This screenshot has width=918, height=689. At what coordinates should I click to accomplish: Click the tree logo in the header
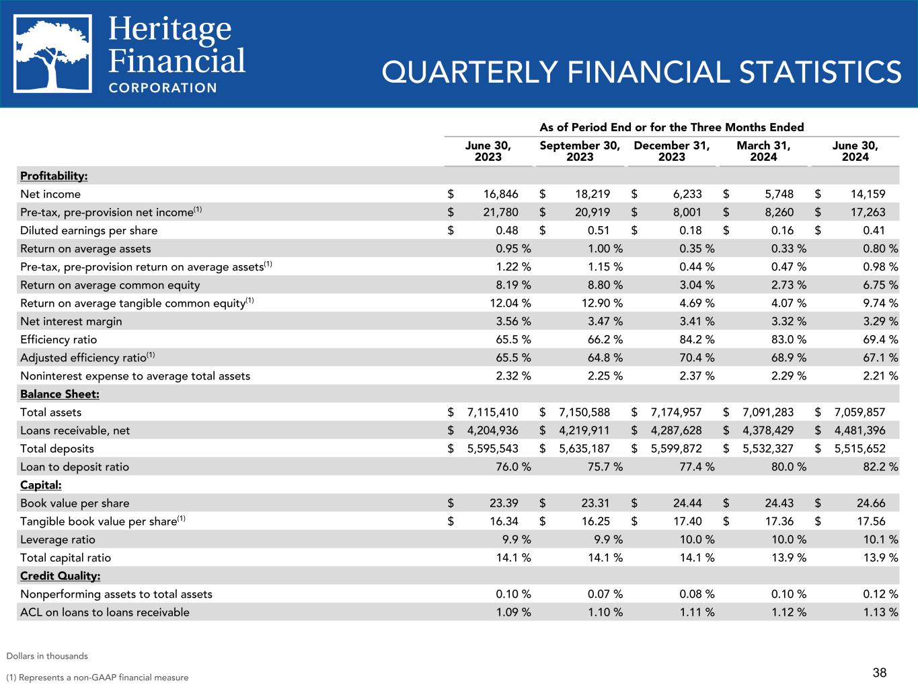(x=53, y=53)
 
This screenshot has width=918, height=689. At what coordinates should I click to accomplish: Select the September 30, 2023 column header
(x=580, y=151)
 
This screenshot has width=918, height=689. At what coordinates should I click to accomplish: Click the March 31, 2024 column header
(x=763, y=151)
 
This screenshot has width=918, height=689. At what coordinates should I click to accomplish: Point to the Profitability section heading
(x=54, y=176)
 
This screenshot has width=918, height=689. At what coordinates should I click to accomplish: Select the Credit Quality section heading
(x=60, y=575)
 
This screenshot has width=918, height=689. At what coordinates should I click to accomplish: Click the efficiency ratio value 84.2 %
(x=697, y=339)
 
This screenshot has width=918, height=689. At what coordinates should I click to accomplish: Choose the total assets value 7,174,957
(x=674, y=412)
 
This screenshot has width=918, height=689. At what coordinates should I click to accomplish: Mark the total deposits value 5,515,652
(x=857, y=448)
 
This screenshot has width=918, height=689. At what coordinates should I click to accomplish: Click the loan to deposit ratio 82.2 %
(x=880, y=466)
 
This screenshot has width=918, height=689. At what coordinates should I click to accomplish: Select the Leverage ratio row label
(x=58, y=539)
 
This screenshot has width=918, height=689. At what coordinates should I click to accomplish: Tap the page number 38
(x=879, y=672)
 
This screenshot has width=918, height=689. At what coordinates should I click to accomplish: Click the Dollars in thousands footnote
(x=47, y=655)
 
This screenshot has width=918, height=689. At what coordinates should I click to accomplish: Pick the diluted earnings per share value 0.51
(x=598, y=230)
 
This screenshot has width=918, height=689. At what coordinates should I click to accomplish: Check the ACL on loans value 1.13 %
(x=880, y=612)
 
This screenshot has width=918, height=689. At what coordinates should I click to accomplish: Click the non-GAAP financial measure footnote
(x=98, y=677)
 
